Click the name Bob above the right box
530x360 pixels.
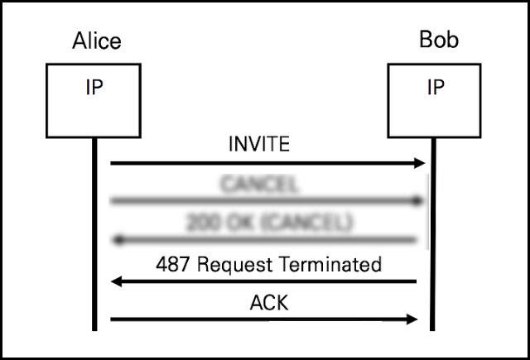tap(439, 41)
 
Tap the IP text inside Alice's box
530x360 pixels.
tap(94, 88)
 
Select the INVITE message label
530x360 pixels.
tap(259, 144)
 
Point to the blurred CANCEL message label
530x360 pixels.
tap(259, 184)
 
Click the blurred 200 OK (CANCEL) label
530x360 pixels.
tap(269, 223)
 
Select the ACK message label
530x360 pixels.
tap(268, 303)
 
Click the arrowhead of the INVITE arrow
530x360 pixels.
tap(419, 163)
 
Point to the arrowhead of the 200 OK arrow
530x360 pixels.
tap(117, 241)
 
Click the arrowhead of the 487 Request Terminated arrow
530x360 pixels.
tap(118, 281)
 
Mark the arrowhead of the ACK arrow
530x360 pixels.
tap(413, 319)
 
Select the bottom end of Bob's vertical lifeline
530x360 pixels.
tap(432, 329)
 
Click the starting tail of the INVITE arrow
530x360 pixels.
tap(112, 163)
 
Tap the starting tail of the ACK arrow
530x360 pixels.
tap(112, 319)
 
